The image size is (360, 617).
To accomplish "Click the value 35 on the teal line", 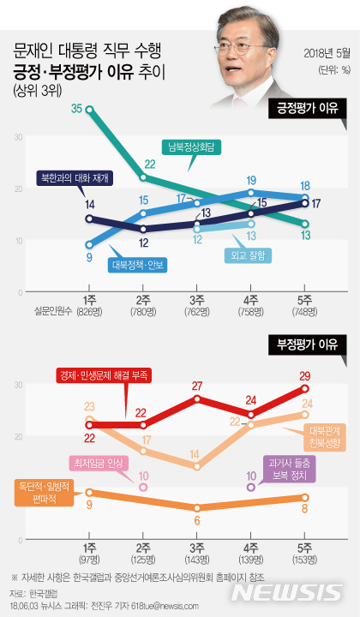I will click(76, 108).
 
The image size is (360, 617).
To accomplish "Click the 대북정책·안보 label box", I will click(138, 264).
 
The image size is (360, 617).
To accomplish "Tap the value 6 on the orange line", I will click(196, 520).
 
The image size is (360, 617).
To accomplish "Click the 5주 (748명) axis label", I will click(305, 304).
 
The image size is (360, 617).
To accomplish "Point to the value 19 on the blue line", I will click(251, 181).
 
